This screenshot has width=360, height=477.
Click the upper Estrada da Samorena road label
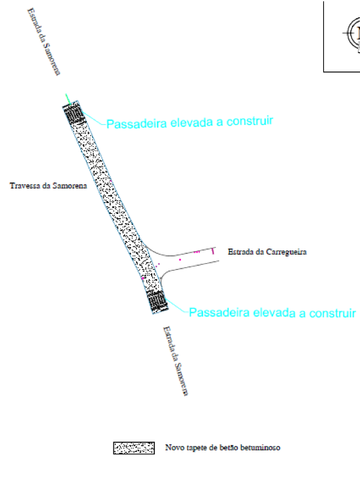pos(44,41)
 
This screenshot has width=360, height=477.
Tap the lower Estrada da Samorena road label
pos(176,361)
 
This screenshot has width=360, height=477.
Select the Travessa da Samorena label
pos(48,186)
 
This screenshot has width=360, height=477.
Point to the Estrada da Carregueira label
pos(267,252)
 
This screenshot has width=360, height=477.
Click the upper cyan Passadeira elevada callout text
pos(190,122)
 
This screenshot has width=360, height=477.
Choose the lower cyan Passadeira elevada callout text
pos(273,313)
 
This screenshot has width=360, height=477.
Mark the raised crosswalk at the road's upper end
pos(73,114)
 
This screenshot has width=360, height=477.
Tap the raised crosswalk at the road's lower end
pos(157,301)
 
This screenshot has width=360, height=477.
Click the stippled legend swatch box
pos(134,448)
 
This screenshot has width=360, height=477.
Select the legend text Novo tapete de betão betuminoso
pos(223,448)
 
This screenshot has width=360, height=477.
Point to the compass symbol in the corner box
pos(353,33)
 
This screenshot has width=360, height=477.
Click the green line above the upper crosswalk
pos(68,100)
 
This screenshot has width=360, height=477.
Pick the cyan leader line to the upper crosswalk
pos(94,118)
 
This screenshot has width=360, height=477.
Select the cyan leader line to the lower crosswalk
pos(177,305)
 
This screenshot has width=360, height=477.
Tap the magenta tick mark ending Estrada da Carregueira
pos(213,251)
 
